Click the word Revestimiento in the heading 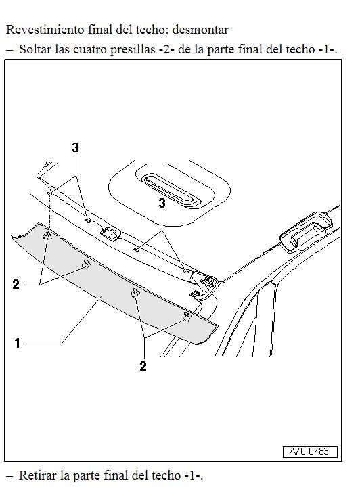(x=45, y=30)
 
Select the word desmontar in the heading (x=200, y=30)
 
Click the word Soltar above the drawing (x=35, y=49)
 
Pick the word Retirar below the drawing (x=38, y=475)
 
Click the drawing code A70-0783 (x=309, y=452)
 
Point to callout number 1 (x=18, y=343)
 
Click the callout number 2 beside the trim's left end (x=16, y=285)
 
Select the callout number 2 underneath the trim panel (x=143, y=366)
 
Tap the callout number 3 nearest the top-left (x=75, y=147)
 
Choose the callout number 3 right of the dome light (x=162, y=203)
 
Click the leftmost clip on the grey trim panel (x=47, y=236)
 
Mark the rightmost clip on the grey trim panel (x=187, y=316)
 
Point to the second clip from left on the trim (x=85, y=264)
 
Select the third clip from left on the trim (x=135, y=293)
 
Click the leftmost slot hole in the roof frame (x=49, y=194)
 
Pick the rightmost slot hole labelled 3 (x=186, y=271)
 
